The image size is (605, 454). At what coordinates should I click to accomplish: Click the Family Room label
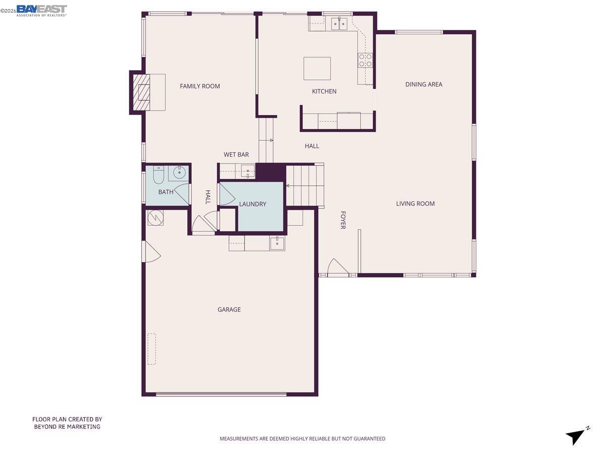[200, 86]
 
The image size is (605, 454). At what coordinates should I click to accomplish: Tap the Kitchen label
[324, 91]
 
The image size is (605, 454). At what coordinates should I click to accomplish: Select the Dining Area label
[423, 84]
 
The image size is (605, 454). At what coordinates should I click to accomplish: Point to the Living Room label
[415, 204]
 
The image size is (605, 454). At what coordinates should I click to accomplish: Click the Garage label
[229, 310]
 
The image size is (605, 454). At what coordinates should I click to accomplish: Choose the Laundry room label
[253, 204]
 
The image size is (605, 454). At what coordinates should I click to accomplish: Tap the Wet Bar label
[236, 155]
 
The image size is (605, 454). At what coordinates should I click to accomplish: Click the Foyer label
[343, 220]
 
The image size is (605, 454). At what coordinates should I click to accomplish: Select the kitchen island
[317, 68]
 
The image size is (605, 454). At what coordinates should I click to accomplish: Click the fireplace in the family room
[142, 92]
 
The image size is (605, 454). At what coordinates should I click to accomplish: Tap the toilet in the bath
[158, 175]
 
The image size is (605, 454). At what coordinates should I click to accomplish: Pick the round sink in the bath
[179, 173]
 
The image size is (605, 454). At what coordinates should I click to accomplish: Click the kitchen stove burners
[366, 61]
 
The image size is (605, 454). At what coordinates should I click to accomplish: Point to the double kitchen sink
[338, 23]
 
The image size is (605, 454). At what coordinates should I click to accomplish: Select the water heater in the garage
[155, 218]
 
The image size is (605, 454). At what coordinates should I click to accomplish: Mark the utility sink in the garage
[277, 243]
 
